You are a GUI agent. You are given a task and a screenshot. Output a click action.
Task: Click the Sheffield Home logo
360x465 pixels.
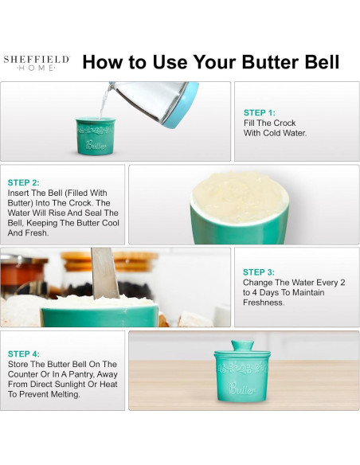(37, 63)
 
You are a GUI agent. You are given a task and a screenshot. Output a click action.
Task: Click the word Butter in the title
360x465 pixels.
(270, 62)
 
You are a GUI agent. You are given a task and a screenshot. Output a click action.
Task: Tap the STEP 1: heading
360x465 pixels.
(260, 113)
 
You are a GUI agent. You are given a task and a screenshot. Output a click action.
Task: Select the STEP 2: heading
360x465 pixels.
(23, 182)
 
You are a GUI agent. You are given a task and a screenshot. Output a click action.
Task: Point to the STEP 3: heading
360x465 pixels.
(259, 272)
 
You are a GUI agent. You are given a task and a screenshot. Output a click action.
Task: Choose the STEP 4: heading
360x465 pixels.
(24, 354)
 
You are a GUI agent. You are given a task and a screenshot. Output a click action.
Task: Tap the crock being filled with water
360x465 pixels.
(96, 136)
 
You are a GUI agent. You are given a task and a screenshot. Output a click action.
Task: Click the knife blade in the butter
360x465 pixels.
(104, 273)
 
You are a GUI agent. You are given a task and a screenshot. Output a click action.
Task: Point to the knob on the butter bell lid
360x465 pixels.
(242, 346)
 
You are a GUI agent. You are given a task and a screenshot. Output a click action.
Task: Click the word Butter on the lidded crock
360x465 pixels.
(241, 389)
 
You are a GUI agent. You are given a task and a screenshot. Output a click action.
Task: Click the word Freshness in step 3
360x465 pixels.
(264, 303)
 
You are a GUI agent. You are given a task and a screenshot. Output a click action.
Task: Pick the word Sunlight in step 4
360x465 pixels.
(66, 385)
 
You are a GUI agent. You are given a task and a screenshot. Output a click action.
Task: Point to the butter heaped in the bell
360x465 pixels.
(240, 195)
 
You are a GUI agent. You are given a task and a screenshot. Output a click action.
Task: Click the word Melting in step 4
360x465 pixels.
(65, 395)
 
